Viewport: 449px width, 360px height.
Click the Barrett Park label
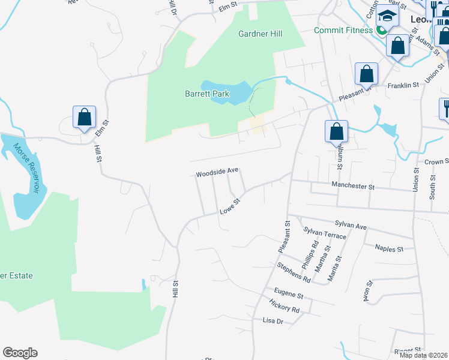pos(206,94)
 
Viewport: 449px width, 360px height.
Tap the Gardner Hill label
pos(260,34)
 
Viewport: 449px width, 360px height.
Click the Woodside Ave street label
pos(217,172)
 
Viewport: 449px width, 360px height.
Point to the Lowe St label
pos(230,207)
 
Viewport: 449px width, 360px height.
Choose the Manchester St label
pos(353,187)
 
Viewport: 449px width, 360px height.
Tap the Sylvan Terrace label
pos(325,233)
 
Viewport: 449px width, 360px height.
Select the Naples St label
pos(389,247)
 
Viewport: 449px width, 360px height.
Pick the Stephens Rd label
pos(294,272)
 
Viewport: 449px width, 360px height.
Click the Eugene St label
pos(289,296)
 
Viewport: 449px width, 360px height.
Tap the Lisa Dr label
pos(273,321)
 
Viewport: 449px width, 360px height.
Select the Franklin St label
pos(403,86)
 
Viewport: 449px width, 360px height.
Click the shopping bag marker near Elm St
pos(85,116)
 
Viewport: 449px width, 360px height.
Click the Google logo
pos(20,353)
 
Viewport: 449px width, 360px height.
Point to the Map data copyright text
pos(423,355)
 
